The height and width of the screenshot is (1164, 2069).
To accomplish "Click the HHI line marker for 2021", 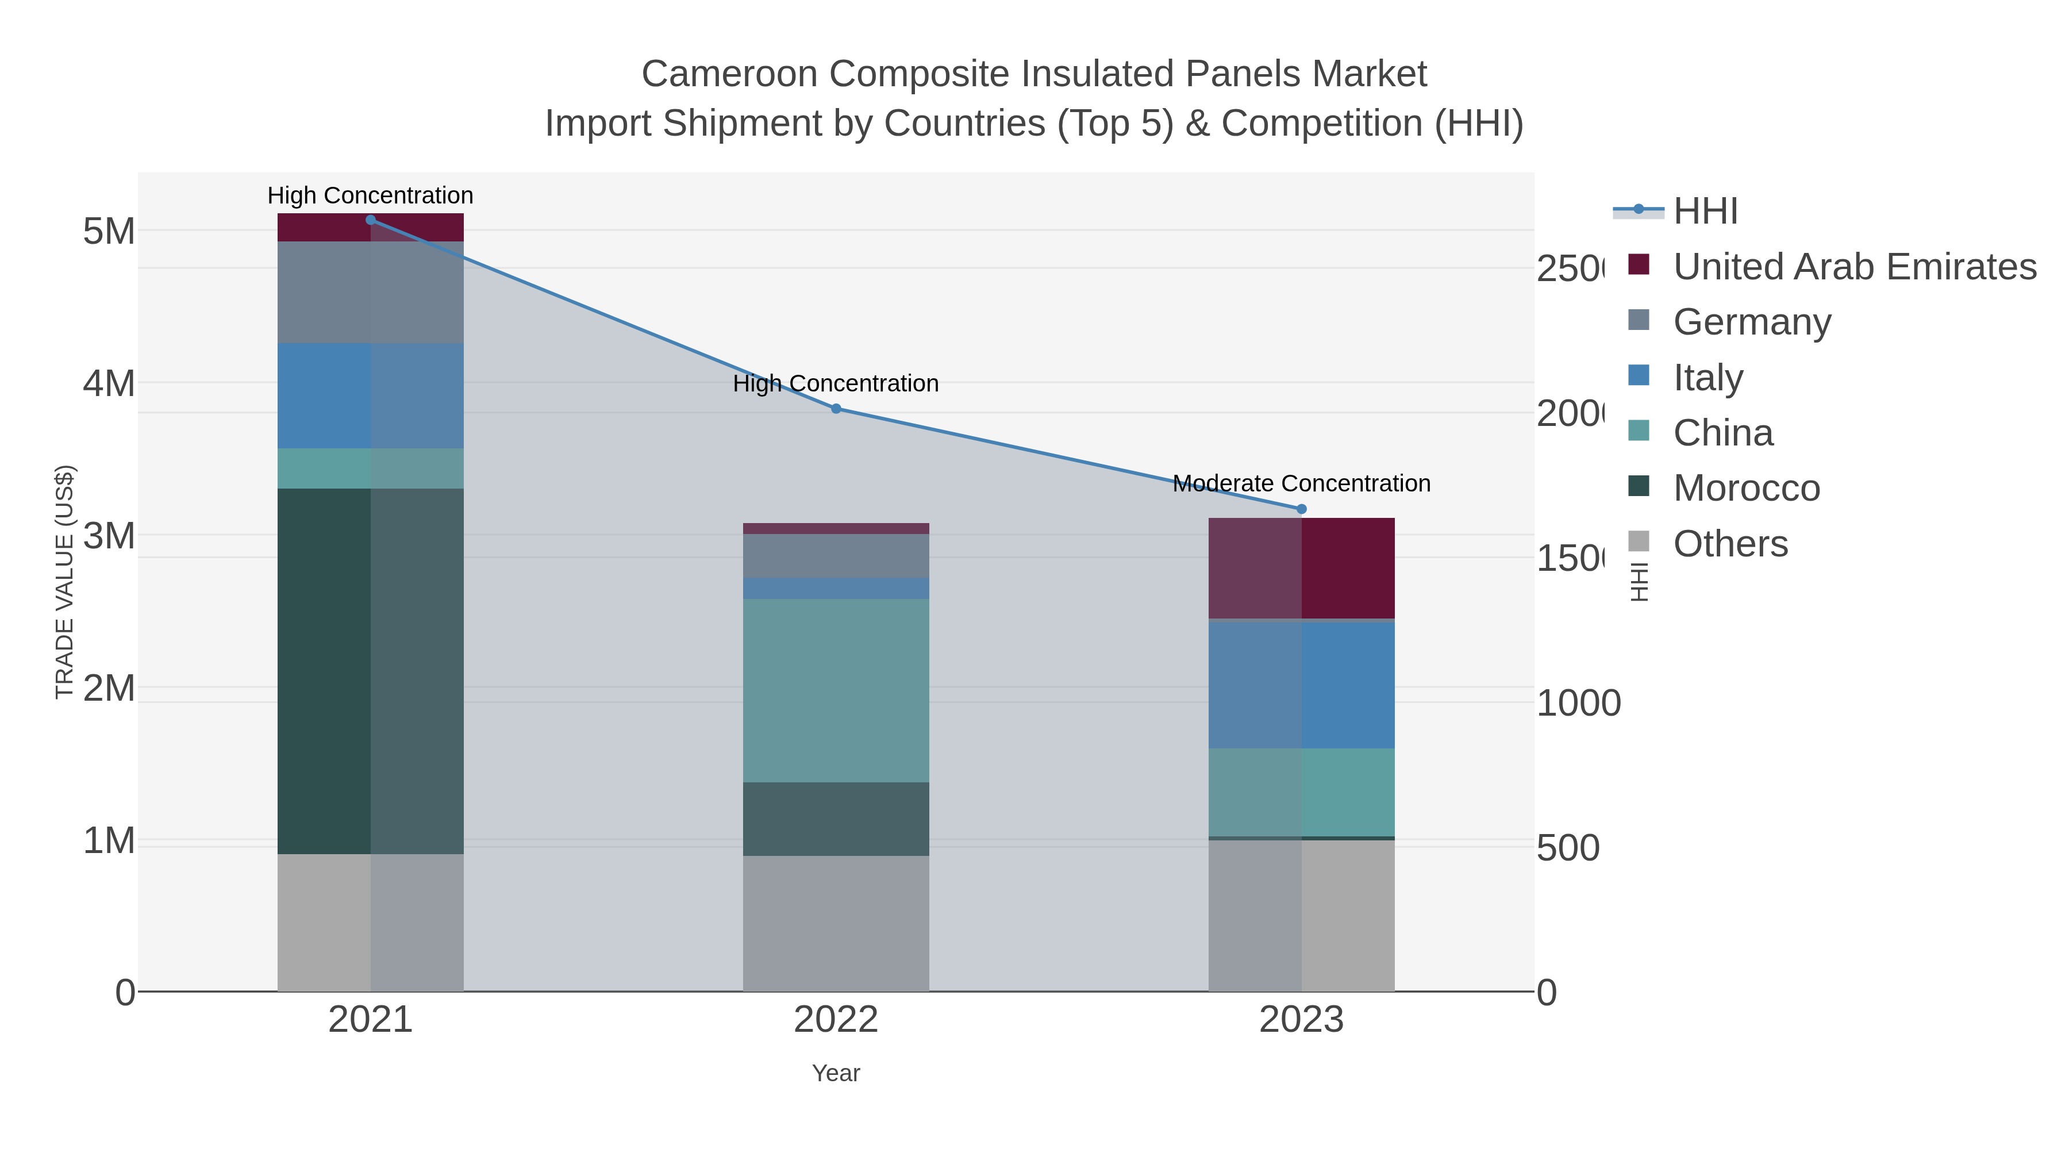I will [x=370, y=220].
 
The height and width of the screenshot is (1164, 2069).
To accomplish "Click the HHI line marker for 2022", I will [x=835, y=409].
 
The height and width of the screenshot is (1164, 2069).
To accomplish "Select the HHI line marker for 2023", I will [x=1301, y=509].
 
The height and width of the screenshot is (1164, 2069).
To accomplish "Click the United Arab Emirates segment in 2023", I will [x=1301, y=568].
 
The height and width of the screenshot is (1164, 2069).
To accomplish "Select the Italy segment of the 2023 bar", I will [x=1301, y=685].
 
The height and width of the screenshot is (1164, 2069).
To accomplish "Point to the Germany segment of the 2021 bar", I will [x=370, y=293].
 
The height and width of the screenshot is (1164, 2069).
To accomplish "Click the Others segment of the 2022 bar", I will [x=835, y=923].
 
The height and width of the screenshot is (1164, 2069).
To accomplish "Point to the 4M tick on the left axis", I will [x=109, y=384].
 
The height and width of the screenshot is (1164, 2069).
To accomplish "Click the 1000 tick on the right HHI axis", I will [x=1578, y=704].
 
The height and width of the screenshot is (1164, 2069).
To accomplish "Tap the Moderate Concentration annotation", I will [x=1301, y=483].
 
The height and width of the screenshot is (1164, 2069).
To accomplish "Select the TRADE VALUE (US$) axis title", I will [x=64, y=582].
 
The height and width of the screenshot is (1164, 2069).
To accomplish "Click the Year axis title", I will [x=835, y=1073].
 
